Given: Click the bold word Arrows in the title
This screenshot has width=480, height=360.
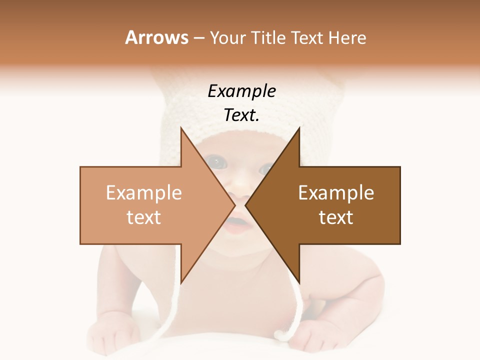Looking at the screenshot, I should tap(156, 37).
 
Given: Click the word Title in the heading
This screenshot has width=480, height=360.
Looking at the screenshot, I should tap(270, 38).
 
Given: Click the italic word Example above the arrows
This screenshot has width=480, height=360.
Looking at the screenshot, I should tap(241, 91).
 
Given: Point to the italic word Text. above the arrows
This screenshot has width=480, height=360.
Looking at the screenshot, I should tap(241, 115).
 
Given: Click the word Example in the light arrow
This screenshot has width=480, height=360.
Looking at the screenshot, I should tap(143, 193).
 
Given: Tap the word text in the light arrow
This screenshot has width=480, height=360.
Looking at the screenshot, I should tap(143, 217).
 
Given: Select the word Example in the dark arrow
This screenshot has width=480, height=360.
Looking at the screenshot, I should tap(336, 193).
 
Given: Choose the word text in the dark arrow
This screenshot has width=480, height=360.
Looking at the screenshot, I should tap(336, 217).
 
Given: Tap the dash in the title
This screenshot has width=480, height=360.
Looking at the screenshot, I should tap(198, 38).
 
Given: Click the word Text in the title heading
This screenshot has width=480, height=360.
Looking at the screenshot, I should tap(307, 38).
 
